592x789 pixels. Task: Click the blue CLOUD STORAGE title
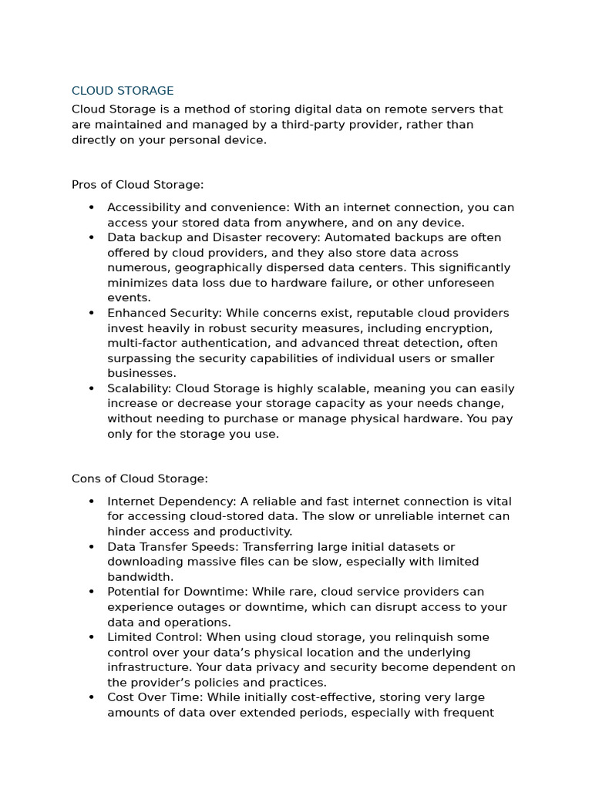pyautogui.click(x=123, y=91)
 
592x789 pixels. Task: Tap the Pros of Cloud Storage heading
pyautogui.click(x=137, y=185)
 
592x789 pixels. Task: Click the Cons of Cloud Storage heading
pyautogui.click(x=140, y=478)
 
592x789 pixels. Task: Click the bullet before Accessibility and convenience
pyautogui.click(x=91, y=208)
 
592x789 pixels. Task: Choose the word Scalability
pyautogui.click(x=138, y=389)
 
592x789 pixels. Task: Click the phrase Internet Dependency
pyautogui.click(x=158, y=502)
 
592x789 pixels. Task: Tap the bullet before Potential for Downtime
pyautogui.click(x=91, y=592)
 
